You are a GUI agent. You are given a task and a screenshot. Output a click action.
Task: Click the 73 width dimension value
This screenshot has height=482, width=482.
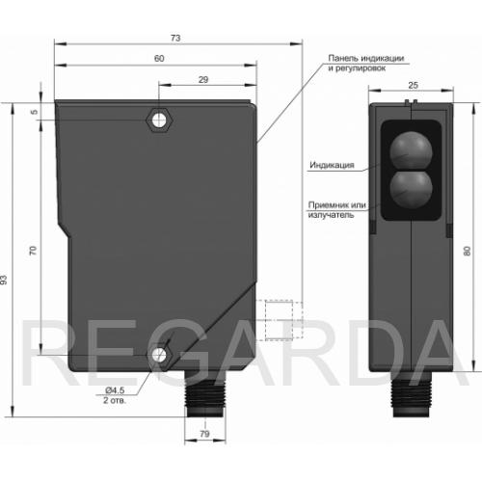point(175,39)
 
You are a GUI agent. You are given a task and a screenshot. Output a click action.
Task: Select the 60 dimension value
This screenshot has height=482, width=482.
point(159,59)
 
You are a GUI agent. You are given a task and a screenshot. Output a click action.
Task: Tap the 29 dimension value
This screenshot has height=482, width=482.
point(203,80)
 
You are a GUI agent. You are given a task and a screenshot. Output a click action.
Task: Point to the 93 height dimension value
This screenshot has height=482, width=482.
point(4,280)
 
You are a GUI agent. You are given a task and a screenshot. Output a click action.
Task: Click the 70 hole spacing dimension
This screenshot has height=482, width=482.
point(33,251)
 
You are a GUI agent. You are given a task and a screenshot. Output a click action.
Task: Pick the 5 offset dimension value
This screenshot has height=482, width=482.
point(35,112)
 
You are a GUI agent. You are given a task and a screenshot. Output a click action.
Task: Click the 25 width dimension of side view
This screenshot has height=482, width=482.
point(413,85)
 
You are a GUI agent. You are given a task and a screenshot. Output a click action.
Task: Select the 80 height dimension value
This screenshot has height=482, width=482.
point(468,251)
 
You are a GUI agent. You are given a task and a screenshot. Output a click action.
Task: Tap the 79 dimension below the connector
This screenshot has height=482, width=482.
point(204,434)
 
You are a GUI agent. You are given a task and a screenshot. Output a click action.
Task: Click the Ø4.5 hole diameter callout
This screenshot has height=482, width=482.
point(115,390)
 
